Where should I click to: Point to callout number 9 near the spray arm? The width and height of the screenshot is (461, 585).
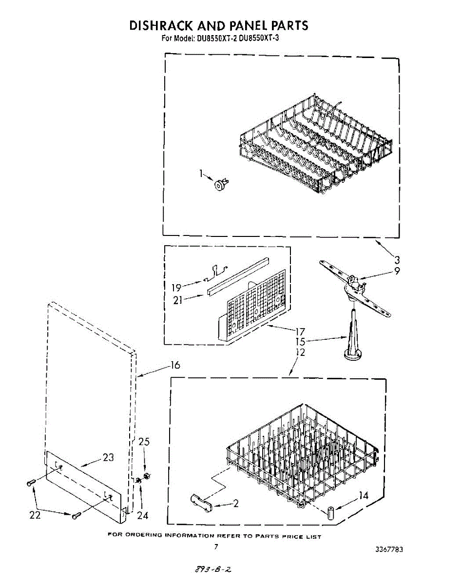click(397, 271)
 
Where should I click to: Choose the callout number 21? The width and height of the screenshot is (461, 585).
click(178, 300)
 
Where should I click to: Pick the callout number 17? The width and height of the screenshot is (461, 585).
click(301, 332)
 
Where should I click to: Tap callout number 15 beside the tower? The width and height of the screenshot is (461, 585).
click(301, 342)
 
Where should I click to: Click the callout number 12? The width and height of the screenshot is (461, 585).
click(301, 352)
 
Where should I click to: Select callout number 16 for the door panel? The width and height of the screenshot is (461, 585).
click(175, 365)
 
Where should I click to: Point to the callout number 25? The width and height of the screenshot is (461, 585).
click(144, 442)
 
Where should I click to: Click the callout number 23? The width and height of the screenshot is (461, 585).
click(108, 457)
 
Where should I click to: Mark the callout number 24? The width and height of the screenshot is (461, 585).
click(143, 515)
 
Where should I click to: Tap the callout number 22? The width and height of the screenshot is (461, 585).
click(35, 515)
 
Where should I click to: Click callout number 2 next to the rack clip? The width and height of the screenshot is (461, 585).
click(236, 504)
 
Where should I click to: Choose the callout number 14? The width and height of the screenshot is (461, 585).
click(363, 496)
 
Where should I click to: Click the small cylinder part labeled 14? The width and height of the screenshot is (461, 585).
click(331, 513)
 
